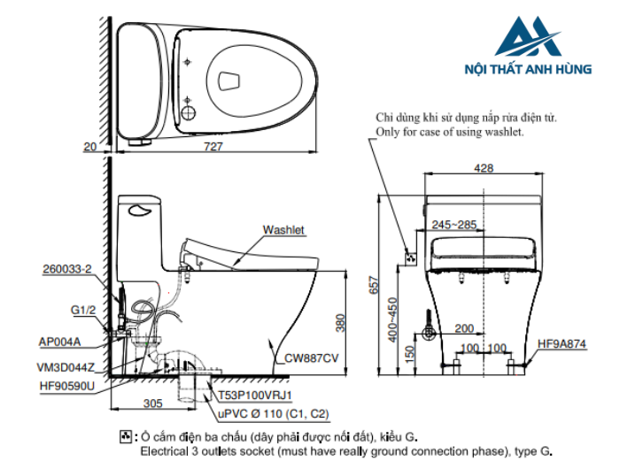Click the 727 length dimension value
click(x=213, y=147)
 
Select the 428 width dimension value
click(x=484, y=167)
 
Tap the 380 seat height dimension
click(x=341, y=323)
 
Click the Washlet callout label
click(x=283, y=230)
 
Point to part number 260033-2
click(x=66, y=269)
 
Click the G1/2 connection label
click(x=82, y=310)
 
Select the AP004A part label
click(x=60, y=341)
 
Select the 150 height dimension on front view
click(x=407, y=351)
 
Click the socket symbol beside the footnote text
click(x=125, y=437)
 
